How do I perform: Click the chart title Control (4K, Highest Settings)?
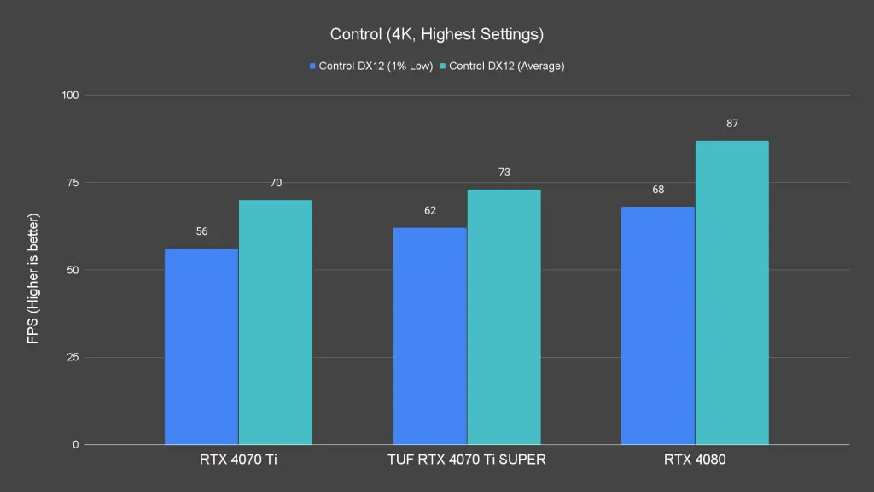coord(436,35)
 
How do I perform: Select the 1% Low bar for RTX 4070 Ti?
coord(201,347)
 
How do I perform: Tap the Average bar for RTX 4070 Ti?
coord(275,323)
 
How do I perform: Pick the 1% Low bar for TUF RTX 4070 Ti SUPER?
coord(430,337)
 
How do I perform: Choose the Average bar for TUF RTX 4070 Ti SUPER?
coord(504,318)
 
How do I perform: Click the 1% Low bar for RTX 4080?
coord(658,325)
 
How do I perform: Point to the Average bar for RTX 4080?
coord(731,293)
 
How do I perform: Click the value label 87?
coord(732,124)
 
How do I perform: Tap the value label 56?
coord(201,231)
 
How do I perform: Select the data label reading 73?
coord(504,173)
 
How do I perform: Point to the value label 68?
coord(658,190)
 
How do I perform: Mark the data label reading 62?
coord(430,210)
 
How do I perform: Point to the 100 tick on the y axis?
coord(69,95)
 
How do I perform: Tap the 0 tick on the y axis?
coord(75,445)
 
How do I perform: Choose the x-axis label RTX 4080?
coord(695,460)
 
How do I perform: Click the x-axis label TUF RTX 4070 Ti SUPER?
coord(466,460)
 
